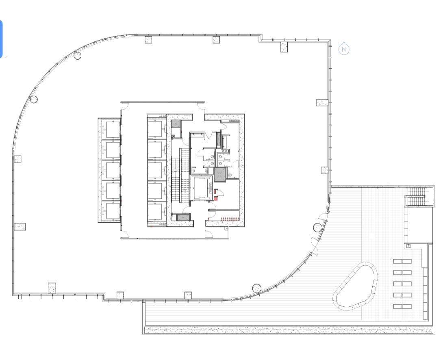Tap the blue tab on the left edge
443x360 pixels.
tap(1, 39)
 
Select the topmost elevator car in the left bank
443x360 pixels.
tap(110, 130)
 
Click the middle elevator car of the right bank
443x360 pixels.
tap(156, 171)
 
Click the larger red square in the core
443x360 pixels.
tap(216, 198)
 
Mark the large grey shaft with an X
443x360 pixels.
tap(219, 174)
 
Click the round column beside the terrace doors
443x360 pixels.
tap(317, 227)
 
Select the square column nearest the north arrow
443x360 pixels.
tap(322, 102)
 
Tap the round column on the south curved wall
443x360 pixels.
tap(256, 288)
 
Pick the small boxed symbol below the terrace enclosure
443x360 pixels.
tap(408, 246)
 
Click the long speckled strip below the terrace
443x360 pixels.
tap(289, 330)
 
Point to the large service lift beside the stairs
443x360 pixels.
tap(202, 188)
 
